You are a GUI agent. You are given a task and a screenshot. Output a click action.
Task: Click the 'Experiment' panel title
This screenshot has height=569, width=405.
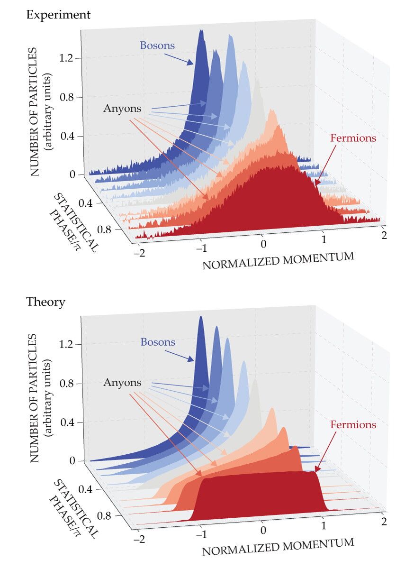point(58,15)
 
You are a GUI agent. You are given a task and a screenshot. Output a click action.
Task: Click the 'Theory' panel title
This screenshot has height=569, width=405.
point(45,303)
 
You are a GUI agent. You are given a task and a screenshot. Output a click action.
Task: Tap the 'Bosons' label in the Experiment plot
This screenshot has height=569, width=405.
point(157,46)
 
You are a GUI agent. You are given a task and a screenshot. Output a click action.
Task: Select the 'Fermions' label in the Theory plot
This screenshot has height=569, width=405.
point(353,424)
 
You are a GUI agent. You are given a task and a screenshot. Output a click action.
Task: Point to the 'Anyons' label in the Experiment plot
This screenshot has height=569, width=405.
point(122,109)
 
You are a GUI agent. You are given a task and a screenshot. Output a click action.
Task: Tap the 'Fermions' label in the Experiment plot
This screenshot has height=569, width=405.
point(353,138)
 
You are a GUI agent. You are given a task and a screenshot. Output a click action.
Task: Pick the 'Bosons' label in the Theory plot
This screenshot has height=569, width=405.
point(158,342)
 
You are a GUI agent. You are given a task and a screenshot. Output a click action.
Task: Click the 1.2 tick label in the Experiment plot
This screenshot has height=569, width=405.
point(66,58)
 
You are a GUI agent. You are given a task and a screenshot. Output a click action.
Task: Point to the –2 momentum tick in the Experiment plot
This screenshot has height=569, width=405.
point(139,253)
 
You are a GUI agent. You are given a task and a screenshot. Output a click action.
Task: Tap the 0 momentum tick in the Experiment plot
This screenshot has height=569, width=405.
point(263,244)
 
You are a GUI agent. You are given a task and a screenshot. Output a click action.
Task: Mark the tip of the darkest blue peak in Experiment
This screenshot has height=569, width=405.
point(202,30)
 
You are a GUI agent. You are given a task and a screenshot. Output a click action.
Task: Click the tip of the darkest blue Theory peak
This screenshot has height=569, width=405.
point(201,316)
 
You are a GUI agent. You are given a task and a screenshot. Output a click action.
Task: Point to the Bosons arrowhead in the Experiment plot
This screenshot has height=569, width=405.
point(190,63)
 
